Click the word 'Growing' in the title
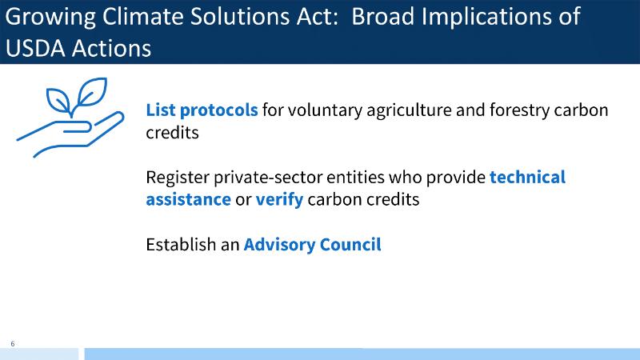pos(50,18)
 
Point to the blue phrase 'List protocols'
pos(202,110)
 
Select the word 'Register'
pos(178,178)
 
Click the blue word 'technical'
pos(527,177)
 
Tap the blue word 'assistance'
pos(189,199)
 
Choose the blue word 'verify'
pos(279,200)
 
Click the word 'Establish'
pos(182,245)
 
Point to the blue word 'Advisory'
pos(279,245)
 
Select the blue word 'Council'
pos(350,245)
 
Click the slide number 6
pos(13,344)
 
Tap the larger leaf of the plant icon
pos(92,91)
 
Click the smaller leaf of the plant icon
pos(58,100)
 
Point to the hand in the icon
pos(70,134)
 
